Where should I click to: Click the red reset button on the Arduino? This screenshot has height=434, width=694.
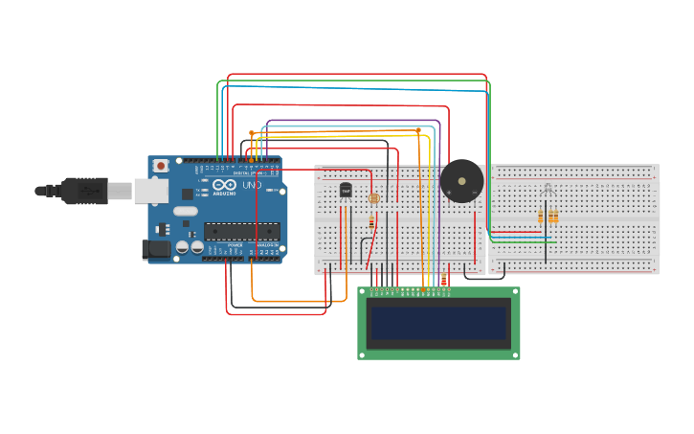(x=161, y=166)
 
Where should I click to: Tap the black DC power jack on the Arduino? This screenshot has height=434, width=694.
(x=156, y=250)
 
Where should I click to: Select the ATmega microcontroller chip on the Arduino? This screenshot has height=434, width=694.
(x=242, y=231)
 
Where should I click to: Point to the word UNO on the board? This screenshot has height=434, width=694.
(x=252, y=185)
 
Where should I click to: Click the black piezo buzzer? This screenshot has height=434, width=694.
(x=461, y=181)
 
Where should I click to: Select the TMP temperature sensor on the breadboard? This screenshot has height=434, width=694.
(x=346, y=191)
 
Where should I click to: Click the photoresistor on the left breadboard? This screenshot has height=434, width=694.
(x=374, y=198)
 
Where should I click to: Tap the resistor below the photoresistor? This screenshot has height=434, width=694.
(x=371, y=222)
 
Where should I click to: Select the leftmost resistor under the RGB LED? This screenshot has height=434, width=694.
(x=540, y=217)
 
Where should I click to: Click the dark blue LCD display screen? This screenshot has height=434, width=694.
(x=439, y=323)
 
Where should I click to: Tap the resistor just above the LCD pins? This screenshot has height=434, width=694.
(x=442, y=282)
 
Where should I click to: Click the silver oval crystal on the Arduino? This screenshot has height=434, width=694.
(x=186, y=211)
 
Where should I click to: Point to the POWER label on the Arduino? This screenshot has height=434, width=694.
(x=235, y=244)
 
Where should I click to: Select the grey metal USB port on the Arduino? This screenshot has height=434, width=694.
(x=150, y=192)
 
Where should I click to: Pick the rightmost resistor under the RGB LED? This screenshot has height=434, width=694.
(x=555, y=217)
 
